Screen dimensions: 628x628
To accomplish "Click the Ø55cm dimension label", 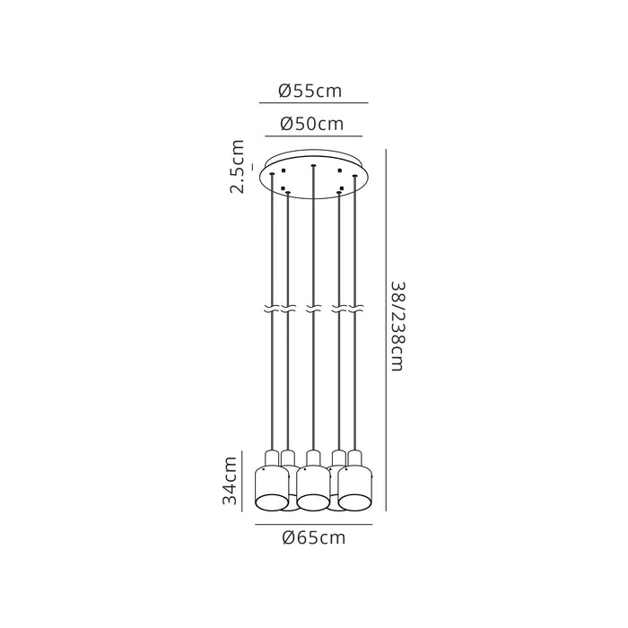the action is click(x=310, y=91).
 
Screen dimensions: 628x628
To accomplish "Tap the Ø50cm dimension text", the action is click(x=312, y=124).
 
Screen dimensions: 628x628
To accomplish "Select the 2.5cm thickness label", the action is click(x=237, y=167).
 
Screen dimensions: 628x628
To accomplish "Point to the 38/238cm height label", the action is click(x=399, y=327).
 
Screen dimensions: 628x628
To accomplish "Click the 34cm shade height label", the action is click(x=231, y=481).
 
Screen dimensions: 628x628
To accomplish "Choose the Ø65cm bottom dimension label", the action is click(x=314, y=537).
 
